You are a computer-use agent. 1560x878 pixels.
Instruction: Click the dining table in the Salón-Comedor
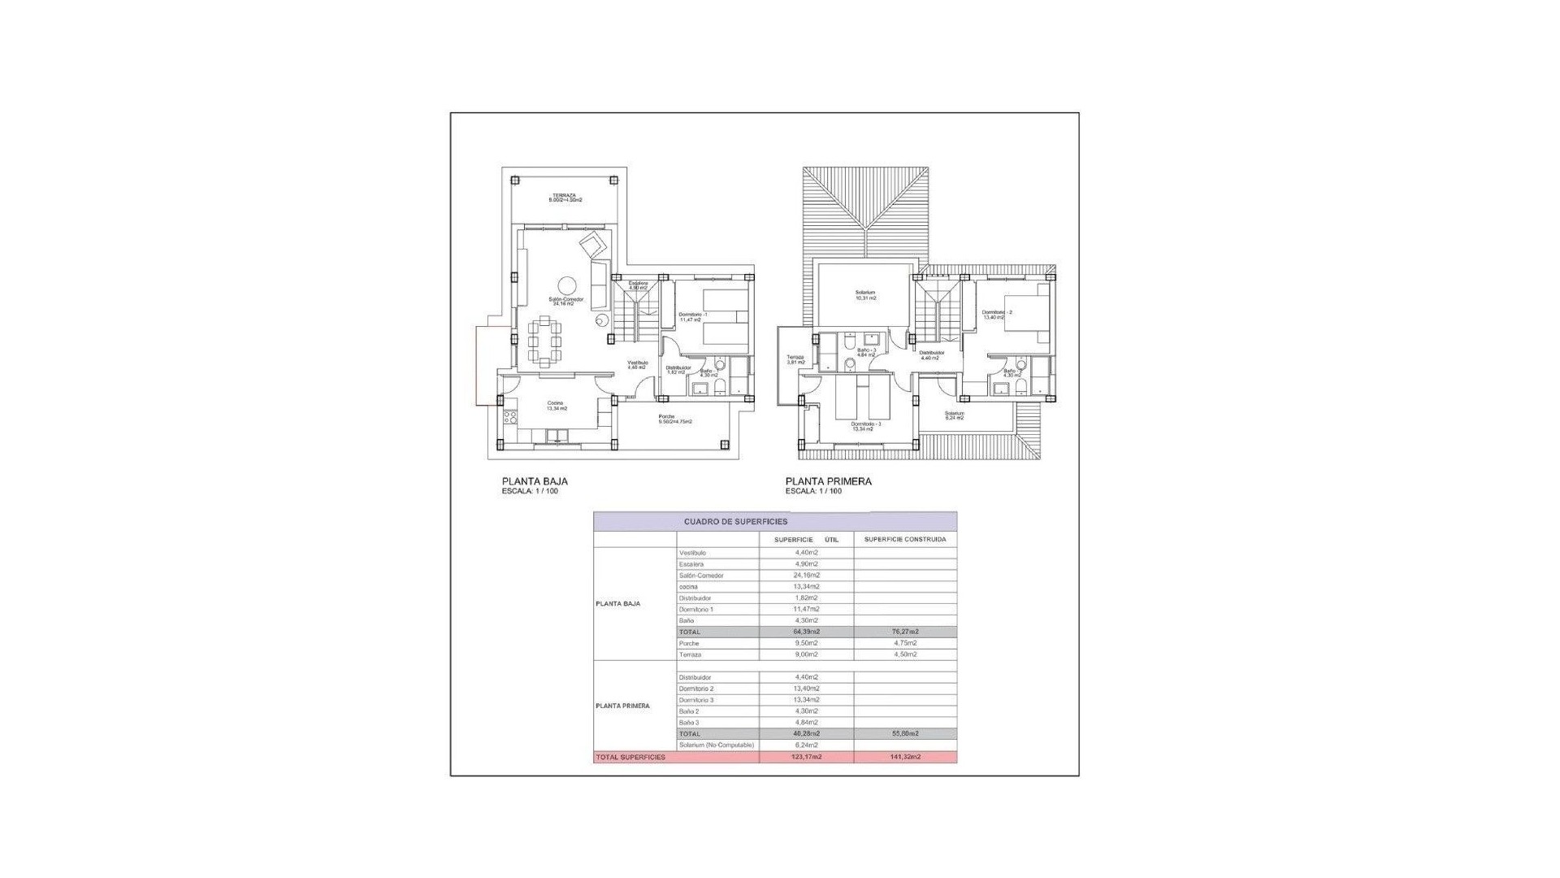point(544,342)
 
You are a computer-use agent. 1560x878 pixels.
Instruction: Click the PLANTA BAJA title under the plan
point(535,481)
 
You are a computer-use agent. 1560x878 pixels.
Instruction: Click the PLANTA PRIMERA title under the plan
point(828,481)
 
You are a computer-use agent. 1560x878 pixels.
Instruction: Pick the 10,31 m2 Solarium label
point(865,295)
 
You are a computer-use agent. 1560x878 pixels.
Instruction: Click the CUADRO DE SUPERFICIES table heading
point(735,522)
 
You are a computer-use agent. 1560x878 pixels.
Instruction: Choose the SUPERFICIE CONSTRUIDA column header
point(904,539)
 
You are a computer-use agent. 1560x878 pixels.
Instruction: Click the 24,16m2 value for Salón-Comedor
point(806,576)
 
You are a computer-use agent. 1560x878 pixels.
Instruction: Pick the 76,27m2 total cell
point(904,632)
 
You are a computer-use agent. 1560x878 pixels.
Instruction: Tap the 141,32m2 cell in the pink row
point(904,757)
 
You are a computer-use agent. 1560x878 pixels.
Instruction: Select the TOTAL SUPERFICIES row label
point(630,757)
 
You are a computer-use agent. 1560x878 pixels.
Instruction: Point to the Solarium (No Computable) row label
point(717,745)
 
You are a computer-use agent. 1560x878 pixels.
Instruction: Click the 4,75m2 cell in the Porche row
point(904,643)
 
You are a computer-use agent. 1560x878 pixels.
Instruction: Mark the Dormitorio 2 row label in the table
point(696,689)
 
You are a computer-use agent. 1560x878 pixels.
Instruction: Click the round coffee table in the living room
point(567,285)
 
